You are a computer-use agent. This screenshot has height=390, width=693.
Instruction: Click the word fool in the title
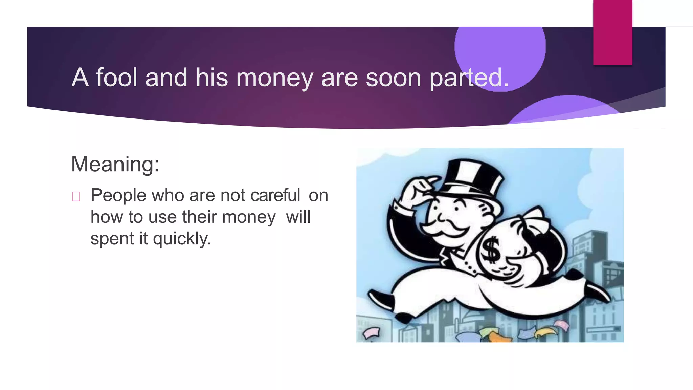pos(117,77)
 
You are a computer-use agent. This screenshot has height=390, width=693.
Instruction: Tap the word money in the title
pos(274,78)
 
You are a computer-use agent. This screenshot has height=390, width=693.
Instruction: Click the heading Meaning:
pos(115,164)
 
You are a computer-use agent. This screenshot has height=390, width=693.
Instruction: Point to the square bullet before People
pos(76,196)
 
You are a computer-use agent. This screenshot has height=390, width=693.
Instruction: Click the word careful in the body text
pos(275,195)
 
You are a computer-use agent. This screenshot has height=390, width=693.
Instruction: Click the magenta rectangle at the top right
pos(612,32)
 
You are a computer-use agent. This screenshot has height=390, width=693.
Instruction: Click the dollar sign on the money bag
pos(491,250)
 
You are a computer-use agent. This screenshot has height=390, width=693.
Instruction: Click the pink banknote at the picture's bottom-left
pos(372,332)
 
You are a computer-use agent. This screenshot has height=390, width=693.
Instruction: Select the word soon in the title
pos(393,78)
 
